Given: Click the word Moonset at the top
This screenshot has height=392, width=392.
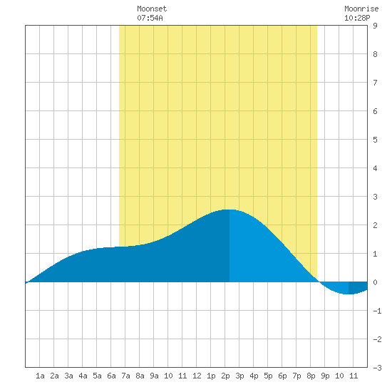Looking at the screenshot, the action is point(152,9).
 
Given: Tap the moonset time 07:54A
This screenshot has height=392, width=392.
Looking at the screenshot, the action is point(150,18).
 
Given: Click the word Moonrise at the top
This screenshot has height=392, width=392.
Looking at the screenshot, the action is point(361,9).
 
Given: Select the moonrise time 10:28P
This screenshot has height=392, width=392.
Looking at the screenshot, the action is point(357,18).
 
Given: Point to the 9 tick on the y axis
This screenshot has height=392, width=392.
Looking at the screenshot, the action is point(375,26).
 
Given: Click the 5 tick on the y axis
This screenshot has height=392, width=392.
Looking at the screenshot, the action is point(375,140).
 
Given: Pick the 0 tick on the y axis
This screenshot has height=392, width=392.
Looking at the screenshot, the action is point(375,282).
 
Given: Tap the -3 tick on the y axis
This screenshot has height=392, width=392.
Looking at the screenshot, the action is point(377,368).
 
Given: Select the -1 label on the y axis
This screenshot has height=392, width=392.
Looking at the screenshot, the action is point(377,311).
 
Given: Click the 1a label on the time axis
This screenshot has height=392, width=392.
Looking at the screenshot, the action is point(40,376).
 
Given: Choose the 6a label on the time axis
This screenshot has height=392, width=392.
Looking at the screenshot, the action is point(111,376).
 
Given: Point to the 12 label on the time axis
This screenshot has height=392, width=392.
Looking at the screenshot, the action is point(197,376).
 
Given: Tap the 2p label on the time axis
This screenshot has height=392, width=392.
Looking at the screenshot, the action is point(225,376).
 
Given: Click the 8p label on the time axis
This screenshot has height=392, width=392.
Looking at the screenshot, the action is point(311,376).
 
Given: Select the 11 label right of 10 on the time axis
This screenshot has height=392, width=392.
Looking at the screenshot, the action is point(354,376).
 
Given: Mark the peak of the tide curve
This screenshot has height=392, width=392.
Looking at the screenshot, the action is point(229,210).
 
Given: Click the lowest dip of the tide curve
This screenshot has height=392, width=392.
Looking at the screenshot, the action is point(349,294).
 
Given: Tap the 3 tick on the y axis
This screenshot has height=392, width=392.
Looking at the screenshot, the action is point(375,197).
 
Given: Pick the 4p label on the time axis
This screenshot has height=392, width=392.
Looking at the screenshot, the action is point(254,376).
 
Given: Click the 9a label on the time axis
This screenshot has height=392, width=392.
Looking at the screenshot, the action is point(154,376).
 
